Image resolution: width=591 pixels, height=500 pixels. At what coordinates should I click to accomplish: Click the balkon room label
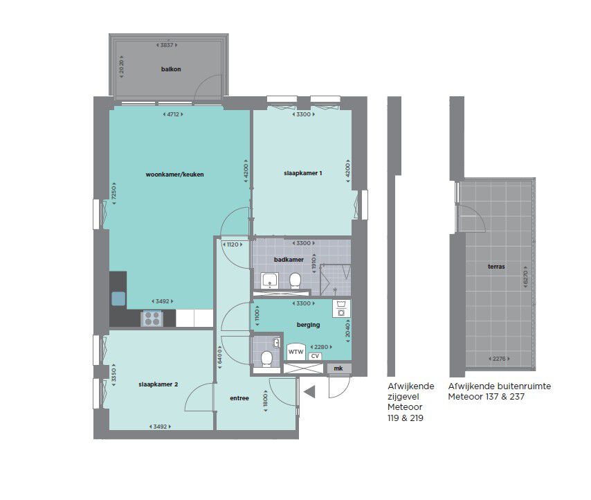(x=171, y=69)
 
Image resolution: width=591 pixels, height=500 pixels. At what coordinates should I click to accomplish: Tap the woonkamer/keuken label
(x=174, y=175)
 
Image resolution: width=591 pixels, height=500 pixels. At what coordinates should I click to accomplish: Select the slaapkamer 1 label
(x=302, y=173)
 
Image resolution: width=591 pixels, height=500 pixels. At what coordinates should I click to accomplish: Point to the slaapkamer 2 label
(x=158, y=384)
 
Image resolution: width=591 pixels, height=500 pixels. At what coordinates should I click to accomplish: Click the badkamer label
(x=289, y=260)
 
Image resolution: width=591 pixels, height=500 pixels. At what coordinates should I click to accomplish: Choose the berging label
(x=308, y=325)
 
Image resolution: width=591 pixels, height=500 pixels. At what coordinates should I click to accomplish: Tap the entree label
(x=239, y=398)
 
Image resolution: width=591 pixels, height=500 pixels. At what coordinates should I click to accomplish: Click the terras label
(x=496, y=266)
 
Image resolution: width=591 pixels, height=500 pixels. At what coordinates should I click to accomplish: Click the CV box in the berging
(x=315, y=356)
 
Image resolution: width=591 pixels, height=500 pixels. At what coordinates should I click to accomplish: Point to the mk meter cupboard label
(x=338, y=368)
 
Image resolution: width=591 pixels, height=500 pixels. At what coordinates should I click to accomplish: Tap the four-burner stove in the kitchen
(x=152, y=319)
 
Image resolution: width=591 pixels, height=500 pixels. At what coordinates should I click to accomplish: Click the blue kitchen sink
(x=118, y=298)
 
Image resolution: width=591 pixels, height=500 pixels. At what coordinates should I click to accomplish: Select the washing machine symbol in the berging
(x=341, y=308)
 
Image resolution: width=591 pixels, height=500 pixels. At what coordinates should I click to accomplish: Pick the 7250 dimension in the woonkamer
(x=113, y=194)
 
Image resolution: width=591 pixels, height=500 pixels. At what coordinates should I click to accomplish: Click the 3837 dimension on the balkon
(x=167, y=45)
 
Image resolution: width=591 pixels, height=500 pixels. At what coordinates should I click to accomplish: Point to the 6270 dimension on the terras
(x=526, y=279)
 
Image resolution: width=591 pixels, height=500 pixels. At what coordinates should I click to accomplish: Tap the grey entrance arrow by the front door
(x=310, y=392)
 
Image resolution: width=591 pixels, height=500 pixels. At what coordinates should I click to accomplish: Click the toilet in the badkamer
(x=295, y=280)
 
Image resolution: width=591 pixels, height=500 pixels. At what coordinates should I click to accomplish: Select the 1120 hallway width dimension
(x=233, y=244)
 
